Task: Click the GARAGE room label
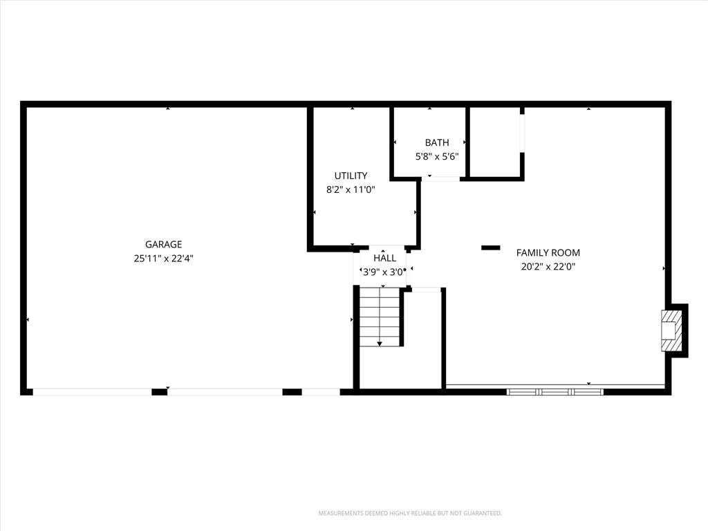click(x=163, y=244)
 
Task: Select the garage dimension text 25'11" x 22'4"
click(x=163, y=259)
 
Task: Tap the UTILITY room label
click(x=351, y=176)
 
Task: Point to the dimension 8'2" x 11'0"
click(x=351, y=189)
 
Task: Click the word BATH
click(x=437, y=142)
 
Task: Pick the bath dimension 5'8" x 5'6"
click(x=437, y=157)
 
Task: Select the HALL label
click(x=384, y=258)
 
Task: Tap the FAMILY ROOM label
click(x=548, y=252)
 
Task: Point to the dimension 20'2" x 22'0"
click(x=548, y=266)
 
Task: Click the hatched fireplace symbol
click(x=672, y=330)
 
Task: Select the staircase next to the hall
click(x=380, y=317)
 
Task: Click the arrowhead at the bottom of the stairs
click(x=380, y=344)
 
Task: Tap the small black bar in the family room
click(x=491, y=248)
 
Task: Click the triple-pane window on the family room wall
click(x=555, y=392)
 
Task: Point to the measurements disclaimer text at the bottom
click(x=410, y=514)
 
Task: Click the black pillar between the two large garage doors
click(x=160, y=392)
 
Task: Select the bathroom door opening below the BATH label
click(x=440, y=179)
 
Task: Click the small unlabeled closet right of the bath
click(x=495, y=142)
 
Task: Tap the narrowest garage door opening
click(x=321, y=392)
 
